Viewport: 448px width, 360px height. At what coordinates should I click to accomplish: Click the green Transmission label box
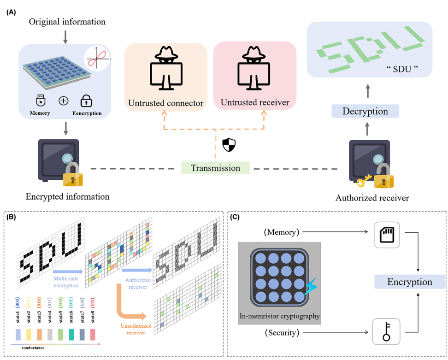click(x=215, y=168)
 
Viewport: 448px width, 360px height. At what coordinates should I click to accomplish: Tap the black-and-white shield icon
click(x=229, y=145)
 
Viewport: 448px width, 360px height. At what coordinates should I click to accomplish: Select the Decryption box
click(x=365, y=111)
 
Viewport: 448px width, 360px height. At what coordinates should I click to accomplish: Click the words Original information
click(x=67, y=22)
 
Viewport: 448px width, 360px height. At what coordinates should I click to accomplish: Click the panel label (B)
click(x=11, y=216)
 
